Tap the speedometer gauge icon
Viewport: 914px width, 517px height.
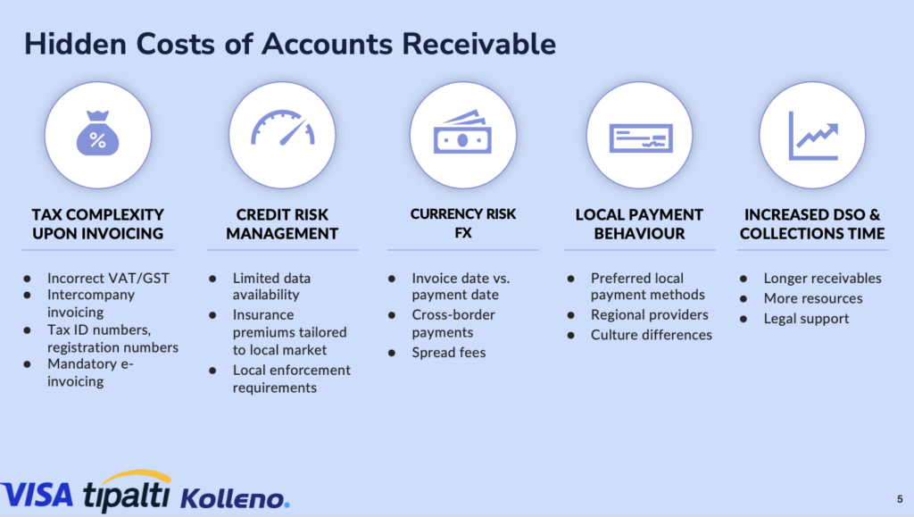tap(283, 128)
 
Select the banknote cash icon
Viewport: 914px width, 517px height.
tap(463, 132)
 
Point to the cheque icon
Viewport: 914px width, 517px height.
tap(641, 138)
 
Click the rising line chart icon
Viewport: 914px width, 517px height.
tap(813, 136)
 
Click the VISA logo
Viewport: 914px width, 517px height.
tap(37, 496)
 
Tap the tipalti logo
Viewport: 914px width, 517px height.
tap(127, 491)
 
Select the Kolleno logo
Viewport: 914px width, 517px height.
tap(235, 497)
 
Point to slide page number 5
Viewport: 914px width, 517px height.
tap(900, 499)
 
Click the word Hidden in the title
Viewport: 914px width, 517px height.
tap(75, 44)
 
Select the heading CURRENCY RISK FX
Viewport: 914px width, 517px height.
tap(463, 223)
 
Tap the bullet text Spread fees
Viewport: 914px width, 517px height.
tap(448, 353)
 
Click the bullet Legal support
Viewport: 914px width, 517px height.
tap(806, 319)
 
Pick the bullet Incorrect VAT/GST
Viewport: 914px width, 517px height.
tap(108, 278)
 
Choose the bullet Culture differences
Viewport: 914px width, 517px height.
tap(651, 335)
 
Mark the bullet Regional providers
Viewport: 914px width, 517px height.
tap(650, 314)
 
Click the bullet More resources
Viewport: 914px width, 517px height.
tap(813, 298)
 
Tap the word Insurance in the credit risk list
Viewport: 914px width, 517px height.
tap(263, 314)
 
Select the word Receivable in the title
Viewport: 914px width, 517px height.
tap(478, 44)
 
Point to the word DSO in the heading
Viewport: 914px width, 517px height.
tap(852, 214)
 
